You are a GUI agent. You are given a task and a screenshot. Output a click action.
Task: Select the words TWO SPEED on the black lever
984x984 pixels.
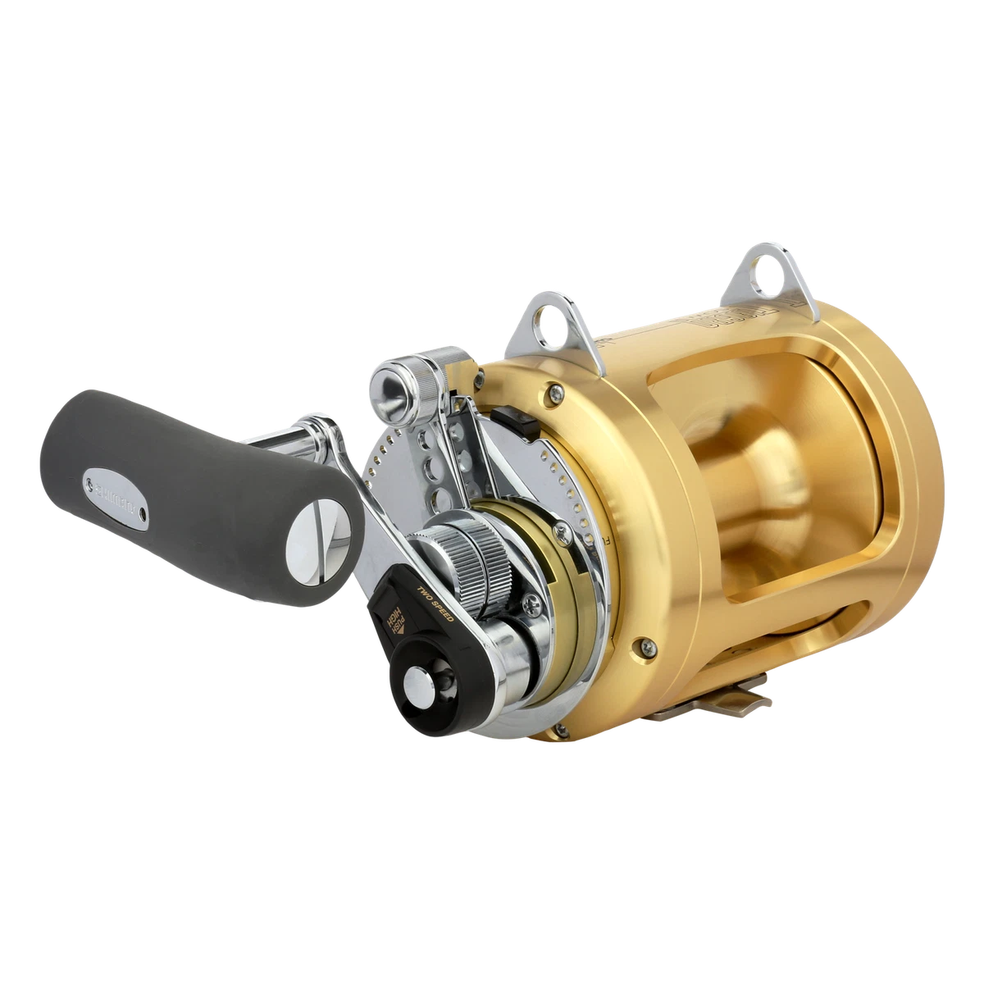435,613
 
